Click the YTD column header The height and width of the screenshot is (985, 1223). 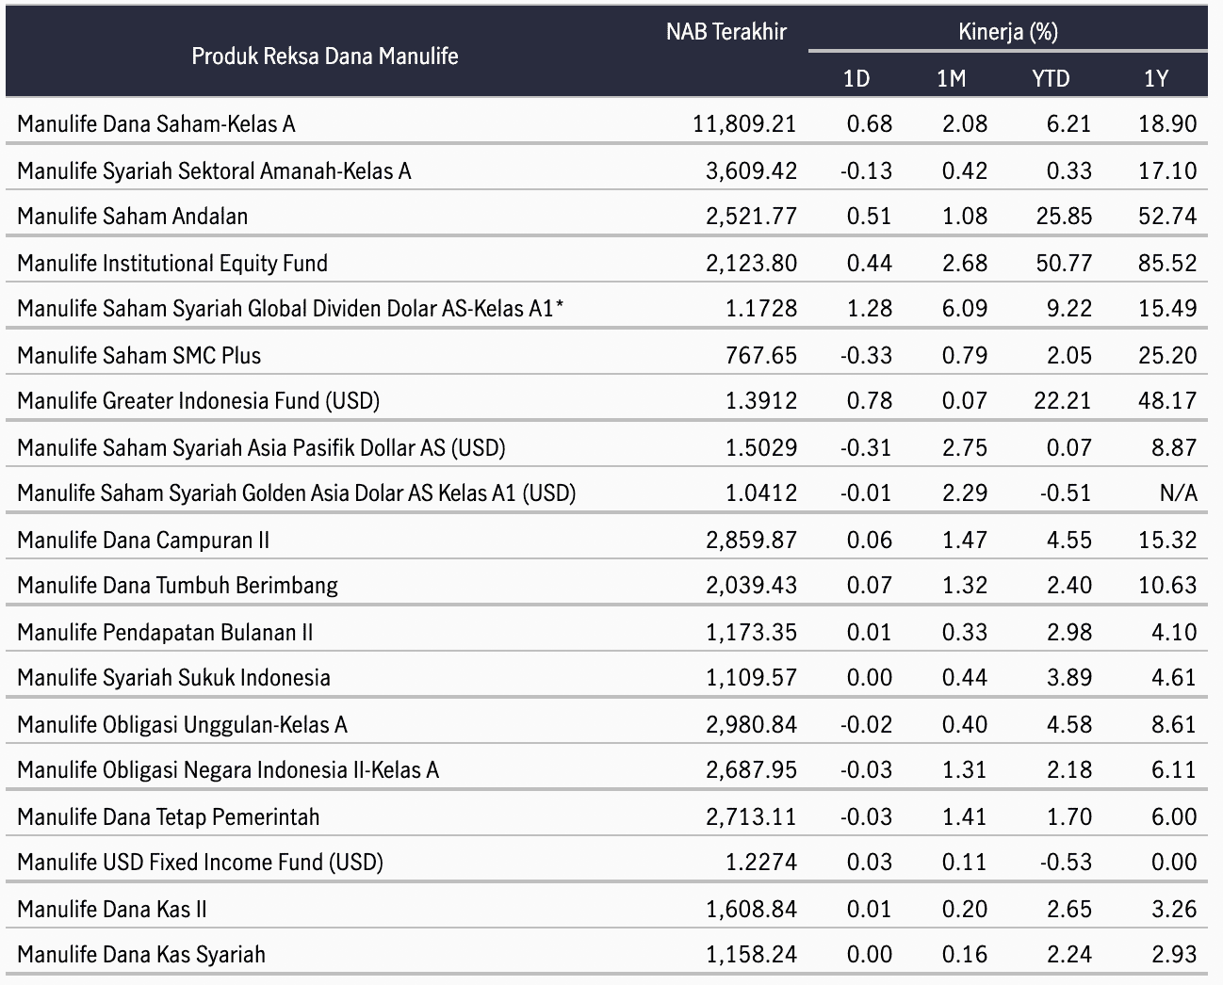[1051, 78]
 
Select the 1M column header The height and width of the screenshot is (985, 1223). [951, 78]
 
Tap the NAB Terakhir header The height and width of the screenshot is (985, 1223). [726, 32]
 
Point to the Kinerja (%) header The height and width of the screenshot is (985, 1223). [1007, 32]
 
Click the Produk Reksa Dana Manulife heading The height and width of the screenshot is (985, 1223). [324, 57]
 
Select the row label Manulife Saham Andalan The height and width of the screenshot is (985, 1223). [133, 217]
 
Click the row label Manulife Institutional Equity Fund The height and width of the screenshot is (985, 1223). [172, 264]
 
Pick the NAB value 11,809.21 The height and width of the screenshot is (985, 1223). [744, 124]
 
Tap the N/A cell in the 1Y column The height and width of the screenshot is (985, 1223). [1178, 493]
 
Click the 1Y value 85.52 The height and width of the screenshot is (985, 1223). [1167, 263]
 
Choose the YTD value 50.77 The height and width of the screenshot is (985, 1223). [1064, 263]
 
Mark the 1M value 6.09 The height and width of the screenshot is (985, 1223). [965, 309]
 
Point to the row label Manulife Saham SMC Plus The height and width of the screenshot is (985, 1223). [139, 356]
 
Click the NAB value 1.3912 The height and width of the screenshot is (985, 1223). [761, 401]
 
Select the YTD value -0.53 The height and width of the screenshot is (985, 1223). [1066, 863]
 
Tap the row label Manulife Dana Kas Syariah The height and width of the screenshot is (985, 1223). [141, 955]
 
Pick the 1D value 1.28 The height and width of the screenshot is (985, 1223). [869, 309]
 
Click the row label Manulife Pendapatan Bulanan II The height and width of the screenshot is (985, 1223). [165, 633]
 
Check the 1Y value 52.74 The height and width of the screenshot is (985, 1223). [1167, 217]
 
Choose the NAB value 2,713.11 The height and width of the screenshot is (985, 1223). [751, 816]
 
